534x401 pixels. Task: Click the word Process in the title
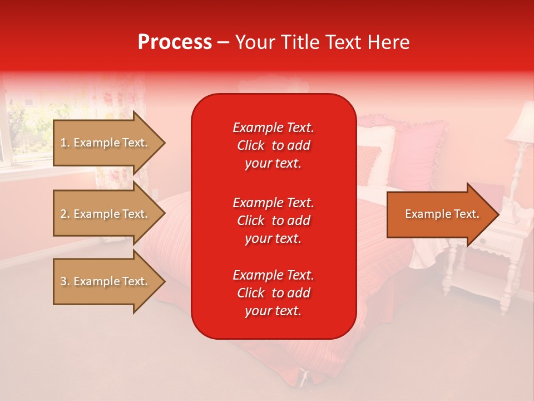[175, 42]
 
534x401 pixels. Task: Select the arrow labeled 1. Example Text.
[106, 143]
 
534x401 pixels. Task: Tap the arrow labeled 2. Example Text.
[106, 214]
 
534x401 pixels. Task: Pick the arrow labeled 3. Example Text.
[106, 281]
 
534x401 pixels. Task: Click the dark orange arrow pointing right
[439, 214]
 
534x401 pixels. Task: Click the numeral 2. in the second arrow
[65, 214]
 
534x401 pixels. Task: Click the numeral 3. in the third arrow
[65, 281]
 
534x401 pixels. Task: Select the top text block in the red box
[273, 145]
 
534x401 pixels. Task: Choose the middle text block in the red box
[273, 220]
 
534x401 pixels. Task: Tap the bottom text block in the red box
[273, 293]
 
